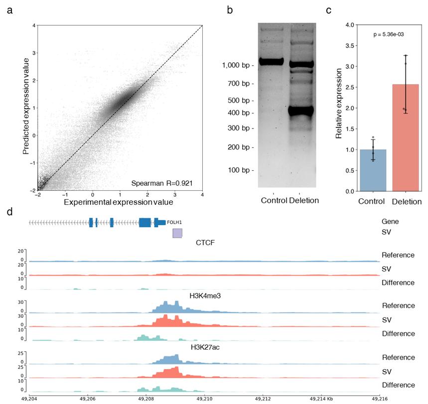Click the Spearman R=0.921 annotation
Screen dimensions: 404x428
[165, 183]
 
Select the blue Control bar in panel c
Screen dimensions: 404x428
[372, 170]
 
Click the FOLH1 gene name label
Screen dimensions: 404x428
[174, 223]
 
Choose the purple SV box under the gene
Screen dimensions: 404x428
[177, 233]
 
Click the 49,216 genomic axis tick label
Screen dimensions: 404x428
[378, 399]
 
